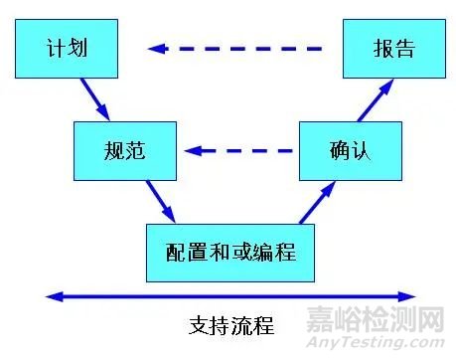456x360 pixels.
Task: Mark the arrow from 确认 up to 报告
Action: pos(374,100)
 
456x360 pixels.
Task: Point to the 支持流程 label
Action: pos(230,324)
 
